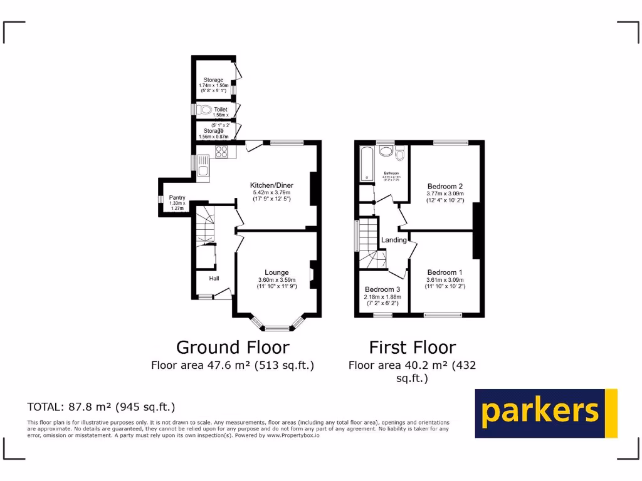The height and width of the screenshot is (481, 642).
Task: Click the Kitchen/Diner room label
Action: tap(271, 185)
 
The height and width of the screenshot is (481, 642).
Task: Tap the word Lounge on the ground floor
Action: tap(276, 272)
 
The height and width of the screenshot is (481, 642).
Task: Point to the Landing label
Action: tap(394, 240)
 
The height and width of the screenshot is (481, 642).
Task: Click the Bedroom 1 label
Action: tap(445, 272)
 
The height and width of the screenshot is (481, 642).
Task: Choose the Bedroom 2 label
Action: tap(445, 186)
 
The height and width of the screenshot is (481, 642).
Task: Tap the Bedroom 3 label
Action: tap(382, 289)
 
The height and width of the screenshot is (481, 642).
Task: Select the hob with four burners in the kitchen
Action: tap(221, 151)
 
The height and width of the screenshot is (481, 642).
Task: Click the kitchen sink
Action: tap(203, 166)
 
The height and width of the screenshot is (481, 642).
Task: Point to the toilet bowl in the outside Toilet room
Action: tap(205, 110)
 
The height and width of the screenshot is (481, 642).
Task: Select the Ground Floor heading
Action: tap(233, 347)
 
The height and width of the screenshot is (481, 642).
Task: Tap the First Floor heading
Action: tap(412, 347)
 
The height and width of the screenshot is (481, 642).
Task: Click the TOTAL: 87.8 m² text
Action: tap(101, 407)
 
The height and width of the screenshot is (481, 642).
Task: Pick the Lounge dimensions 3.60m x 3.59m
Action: tap(276, 280)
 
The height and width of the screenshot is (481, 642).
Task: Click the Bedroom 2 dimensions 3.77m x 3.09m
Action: tap(445, 194)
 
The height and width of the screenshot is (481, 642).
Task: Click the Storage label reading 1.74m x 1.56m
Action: tap(213, 80)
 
